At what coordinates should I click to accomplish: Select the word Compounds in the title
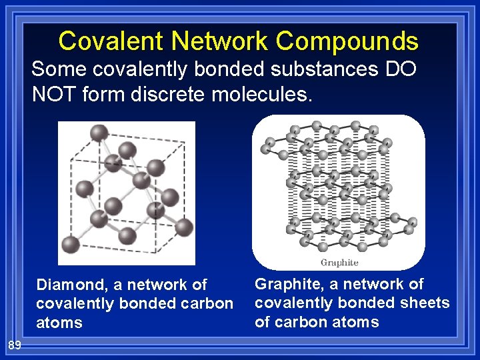(347, 41)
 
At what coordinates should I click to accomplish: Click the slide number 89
(15, 345)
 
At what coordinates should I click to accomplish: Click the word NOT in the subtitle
(56, 94)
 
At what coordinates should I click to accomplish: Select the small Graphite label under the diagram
(339, 262)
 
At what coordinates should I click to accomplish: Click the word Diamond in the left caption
(73, 285)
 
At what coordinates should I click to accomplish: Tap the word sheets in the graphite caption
(428, 303)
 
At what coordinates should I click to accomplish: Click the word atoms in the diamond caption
(59, 323)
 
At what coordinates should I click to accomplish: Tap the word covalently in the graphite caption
(295, 303)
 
